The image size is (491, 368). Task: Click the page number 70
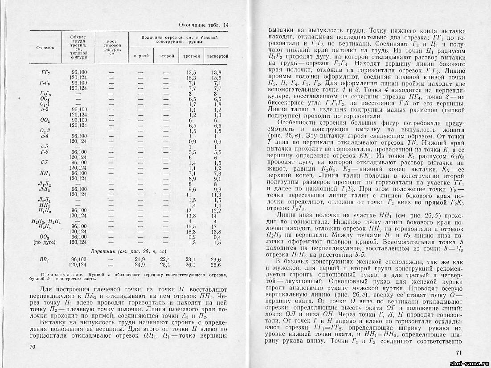pos(32,347)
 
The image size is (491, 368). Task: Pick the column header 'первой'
pos(141,57)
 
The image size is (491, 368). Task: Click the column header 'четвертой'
pos(217,57)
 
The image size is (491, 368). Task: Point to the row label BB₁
pos(44,259)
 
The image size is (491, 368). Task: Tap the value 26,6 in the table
pos(216,264)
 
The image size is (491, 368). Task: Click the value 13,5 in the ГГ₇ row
pos(191,72)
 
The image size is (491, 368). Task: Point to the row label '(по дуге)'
pos(44,243)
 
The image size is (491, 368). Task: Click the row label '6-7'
pos(44,163)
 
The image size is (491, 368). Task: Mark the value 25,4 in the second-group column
pos(165,264)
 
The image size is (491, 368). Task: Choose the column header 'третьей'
pos(192,57)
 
